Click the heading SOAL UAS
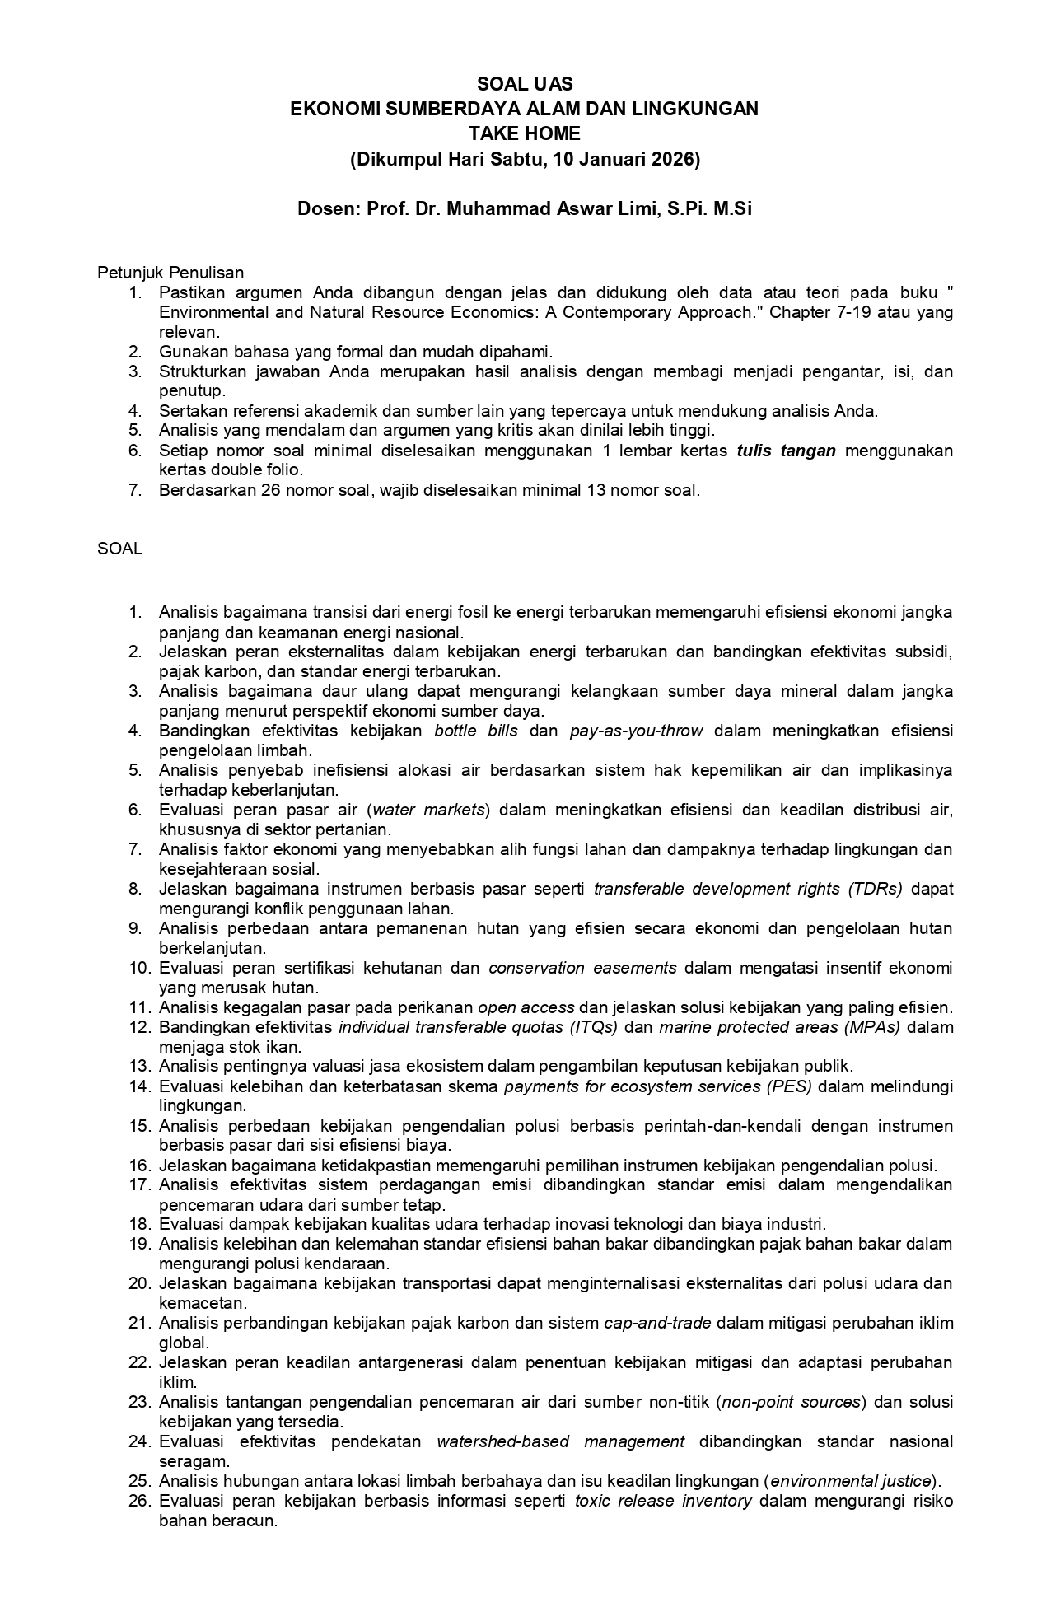[x=525, y=84]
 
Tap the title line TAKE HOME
[x=525, y=133]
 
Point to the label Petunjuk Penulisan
[x=170, y=272]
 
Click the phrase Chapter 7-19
[x=812, y=312]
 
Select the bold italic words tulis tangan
[x=787, y=451]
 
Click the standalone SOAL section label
[x=120, y=549]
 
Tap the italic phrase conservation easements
[x=582, y=968]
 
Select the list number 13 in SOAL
[x=138, y=1067]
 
